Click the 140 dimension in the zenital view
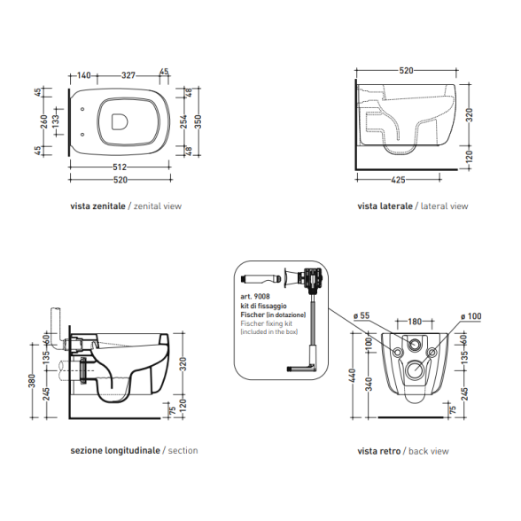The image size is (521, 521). [x=83, y=75]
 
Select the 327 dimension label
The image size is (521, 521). [x=128, y=75]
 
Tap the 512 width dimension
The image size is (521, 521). [x=120, y=167]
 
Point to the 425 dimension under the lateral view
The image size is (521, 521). [x=398, y=180]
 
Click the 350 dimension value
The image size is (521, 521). [x=198, y=121]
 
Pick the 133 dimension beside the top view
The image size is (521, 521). [x=56, y=121]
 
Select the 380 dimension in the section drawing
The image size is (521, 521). [x=32, y=381]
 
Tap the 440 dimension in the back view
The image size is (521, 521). [x=353, y=376]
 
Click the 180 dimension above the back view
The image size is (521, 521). [x=415, y=322]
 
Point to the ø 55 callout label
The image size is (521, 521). [x=362, y=315]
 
